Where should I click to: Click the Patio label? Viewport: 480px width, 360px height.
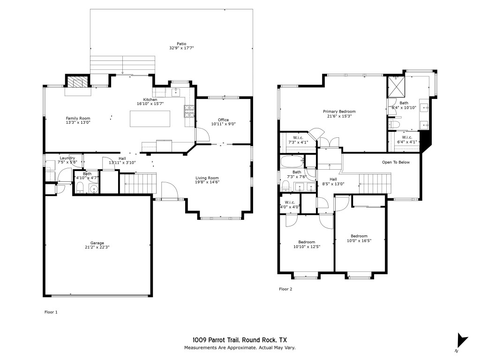181,44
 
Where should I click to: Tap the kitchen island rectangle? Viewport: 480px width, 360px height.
150,119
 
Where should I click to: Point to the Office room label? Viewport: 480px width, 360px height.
223,120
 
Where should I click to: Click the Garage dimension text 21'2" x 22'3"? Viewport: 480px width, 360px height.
97,247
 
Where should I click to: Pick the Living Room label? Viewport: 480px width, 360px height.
207,178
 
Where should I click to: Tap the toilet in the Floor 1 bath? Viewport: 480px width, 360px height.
80,188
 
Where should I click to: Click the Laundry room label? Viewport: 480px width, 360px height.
67,158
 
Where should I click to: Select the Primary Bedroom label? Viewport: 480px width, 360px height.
339,112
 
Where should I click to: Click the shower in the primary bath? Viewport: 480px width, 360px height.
396,86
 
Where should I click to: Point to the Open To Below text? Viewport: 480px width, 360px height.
396,162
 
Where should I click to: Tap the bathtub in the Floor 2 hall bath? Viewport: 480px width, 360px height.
292,161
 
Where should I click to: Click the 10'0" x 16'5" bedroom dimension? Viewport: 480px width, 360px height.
359,240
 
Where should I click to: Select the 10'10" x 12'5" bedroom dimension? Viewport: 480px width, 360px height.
307,247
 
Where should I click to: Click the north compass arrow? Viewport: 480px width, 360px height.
462,340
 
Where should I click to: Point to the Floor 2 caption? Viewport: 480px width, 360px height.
285,289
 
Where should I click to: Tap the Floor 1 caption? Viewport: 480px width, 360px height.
51,312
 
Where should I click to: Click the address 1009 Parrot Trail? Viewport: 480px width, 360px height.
217,340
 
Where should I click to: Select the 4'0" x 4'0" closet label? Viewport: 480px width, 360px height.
290,207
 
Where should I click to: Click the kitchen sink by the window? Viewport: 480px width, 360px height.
176,92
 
